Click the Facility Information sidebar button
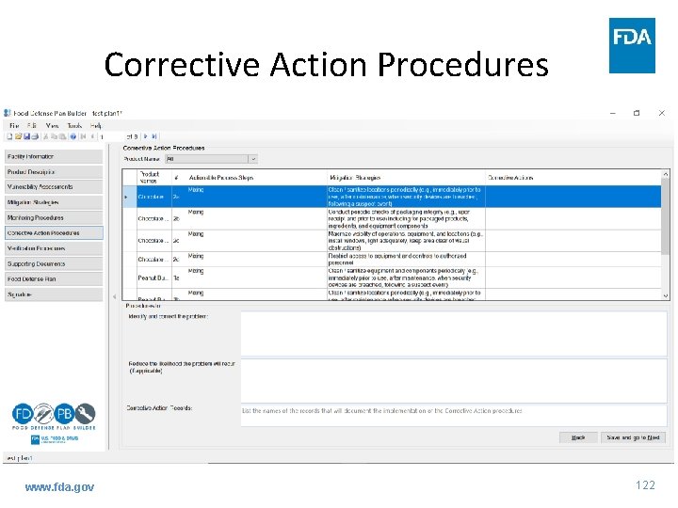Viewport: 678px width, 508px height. coord(53,156)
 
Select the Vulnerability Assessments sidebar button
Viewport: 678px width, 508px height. coord(53,187)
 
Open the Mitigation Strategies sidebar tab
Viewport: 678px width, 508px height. coord(53,202)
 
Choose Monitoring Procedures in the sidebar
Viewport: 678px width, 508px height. coord(53,217)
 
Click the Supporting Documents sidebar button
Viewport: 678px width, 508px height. coord(53,264)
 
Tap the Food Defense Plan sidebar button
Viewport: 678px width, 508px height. coord(53,279)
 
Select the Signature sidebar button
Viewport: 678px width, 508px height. coord(53,294)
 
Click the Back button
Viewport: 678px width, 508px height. coord(578,437)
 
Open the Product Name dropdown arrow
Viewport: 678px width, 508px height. coord(252,159)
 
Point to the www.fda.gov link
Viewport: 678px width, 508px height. coord(59,486)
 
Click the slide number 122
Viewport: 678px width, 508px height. coord(645,485)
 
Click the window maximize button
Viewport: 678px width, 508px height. coord(637,113)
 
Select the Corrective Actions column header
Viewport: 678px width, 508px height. coord(511,177)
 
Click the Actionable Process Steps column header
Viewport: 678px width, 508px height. coord(221,177)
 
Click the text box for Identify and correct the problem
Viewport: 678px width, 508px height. coord(454,332)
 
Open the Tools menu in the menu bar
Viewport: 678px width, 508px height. coord(74,125)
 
